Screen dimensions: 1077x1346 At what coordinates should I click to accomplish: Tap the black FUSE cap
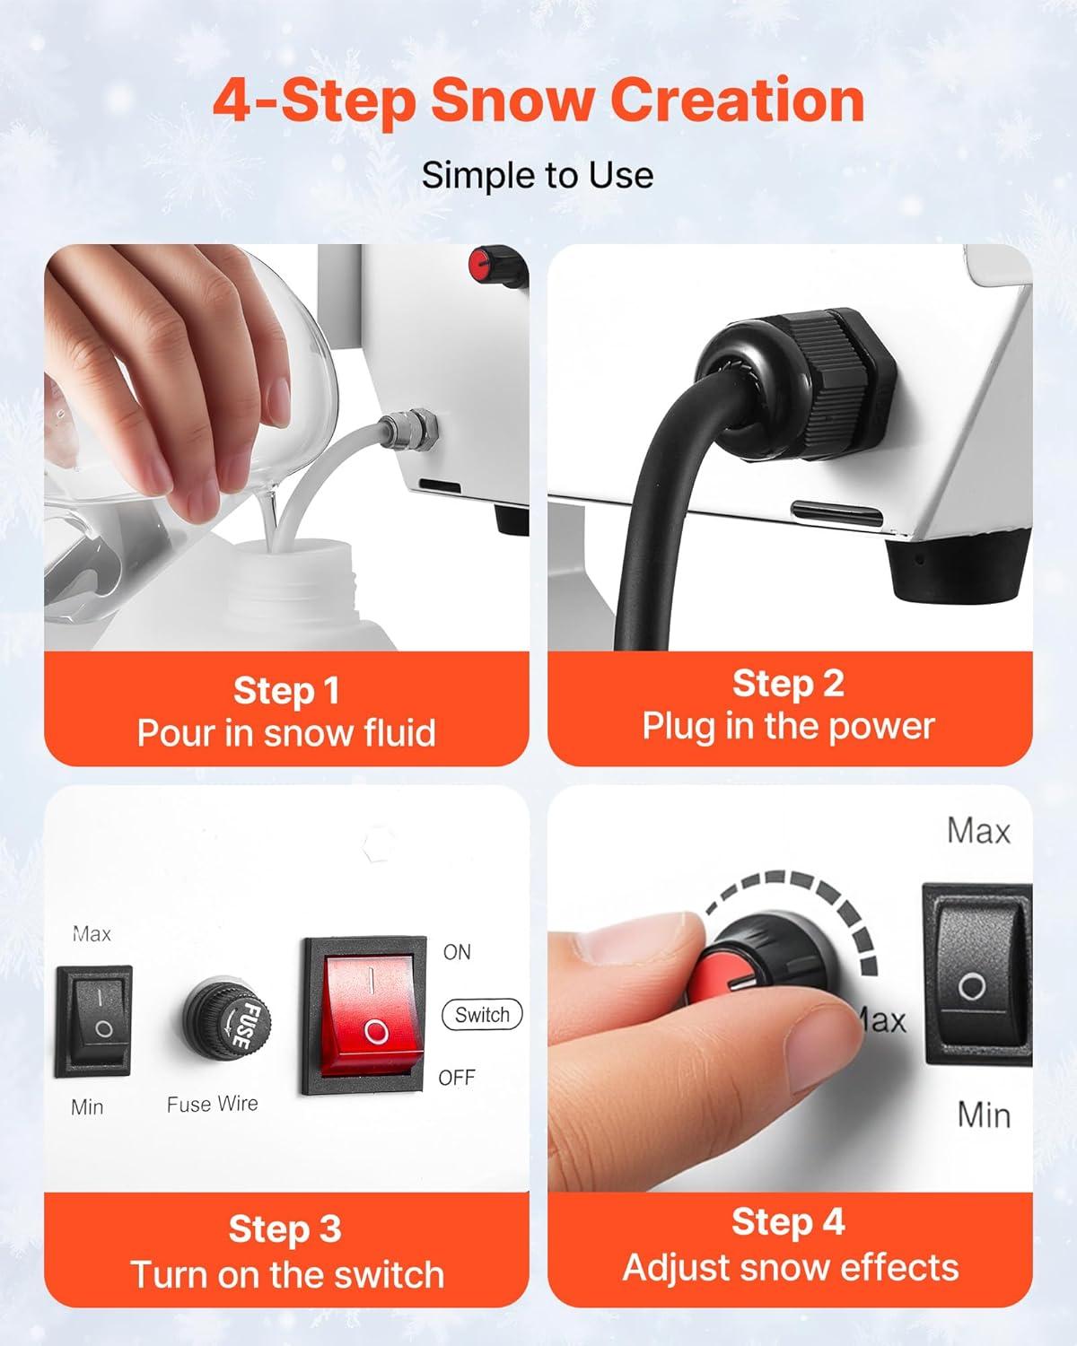pos(227,1016)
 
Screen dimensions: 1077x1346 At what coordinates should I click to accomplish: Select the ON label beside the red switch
pos(457,953)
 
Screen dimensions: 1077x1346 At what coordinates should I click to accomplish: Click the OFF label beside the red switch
pos(457,1078)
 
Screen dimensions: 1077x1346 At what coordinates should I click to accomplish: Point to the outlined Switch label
pos(482,1015)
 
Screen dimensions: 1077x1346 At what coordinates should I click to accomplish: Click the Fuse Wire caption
pos(212,1104)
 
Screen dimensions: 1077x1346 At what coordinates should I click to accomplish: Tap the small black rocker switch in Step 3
pos(94,1022)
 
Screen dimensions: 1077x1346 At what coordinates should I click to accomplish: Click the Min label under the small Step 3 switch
pos(87,1107)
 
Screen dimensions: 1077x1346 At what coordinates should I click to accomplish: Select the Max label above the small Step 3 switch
pos(92,934)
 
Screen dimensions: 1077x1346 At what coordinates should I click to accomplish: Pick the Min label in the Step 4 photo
pos(984,1115)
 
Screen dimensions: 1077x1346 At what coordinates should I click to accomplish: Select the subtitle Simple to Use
pos(538,175)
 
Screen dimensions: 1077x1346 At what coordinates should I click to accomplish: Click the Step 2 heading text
pos(789,683)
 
